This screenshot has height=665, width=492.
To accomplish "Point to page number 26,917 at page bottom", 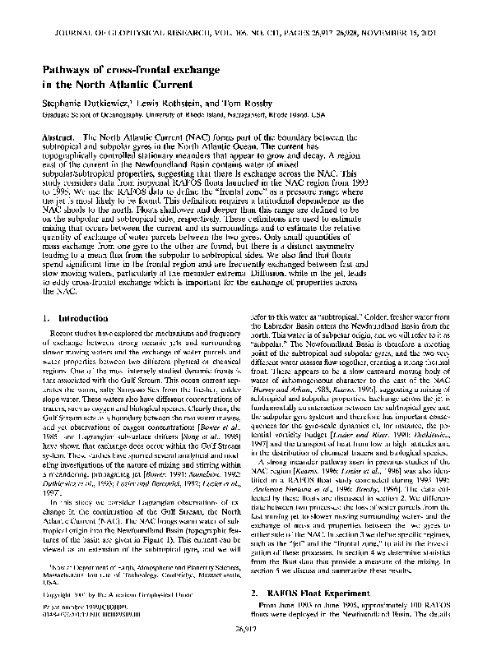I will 246,653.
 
